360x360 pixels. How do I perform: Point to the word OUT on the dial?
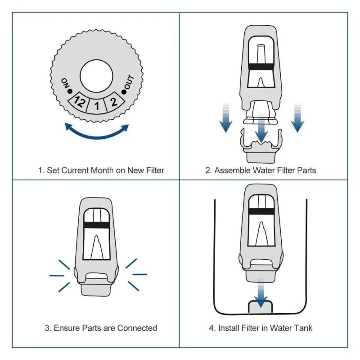(129, 84)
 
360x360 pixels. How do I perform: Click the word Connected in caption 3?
(137, 328)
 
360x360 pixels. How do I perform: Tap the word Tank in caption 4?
(302, 328)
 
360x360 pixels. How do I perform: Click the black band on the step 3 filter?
(96, 225)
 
